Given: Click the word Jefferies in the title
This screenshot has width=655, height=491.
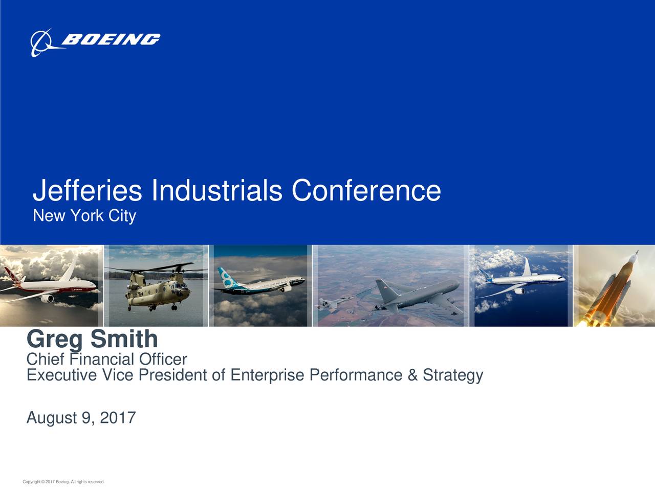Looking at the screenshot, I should click(87, 190).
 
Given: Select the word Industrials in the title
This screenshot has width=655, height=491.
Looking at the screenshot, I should click(216, 190).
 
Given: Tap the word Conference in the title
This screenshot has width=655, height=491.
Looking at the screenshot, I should click(366, 190).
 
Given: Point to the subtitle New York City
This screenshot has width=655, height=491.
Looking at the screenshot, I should click(84, 216).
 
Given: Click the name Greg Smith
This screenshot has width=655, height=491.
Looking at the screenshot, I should click(92, 339).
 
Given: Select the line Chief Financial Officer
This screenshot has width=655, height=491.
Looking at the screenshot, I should click(106, 360).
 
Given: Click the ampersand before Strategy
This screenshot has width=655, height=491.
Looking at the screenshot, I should click(412, 375).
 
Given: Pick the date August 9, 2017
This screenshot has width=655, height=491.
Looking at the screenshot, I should click(81, 418).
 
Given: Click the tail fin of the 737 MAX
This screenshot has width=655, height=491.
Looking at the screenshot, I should click(226, 277).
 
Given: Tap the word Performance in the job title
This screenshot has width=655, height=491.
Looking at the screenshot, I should click(356, 375).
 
